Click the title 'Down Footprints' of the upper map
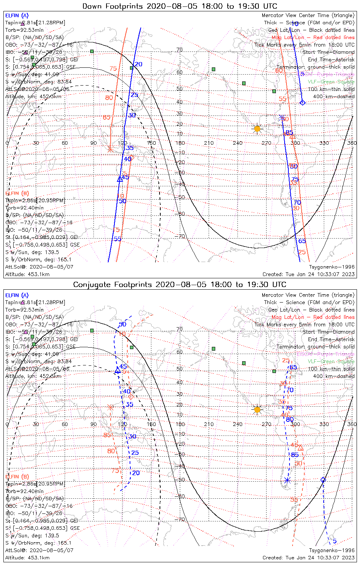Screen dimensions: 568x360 click(110, 6)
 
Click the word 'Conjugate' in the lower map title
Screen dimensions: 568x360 click(91, 284)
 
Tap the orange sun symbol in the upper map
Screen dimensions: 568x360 click(257, 129)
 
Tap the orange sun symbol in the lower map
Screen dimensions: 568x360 click(257, 409)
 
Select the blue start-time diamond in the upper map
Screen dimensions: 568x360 click(302, 102)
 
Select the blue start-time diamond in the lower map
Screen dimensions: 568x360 click(323, 480)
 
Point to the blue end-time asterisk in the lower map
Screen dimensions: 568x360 click(287, 481)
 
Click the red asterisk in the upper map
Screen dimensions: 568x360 click(110, 149)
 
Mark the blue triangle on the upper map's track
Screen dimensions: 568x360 click(120, 179)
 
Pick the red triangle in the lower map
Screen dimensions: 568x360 click(301, 448)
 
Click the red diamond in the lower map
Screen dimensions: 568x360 click(131, 397)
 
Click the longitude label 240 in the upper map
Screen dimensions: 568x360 click(238, 143)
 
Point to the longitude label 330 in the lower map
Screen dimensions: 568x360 click(324, 424)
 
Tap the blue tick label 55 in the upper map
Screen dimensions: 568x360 click(117, 239)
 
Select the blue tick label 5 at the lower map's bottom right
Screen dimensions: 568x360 click(335, 541)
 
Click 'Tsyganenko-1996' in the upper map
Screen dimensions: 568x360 click(332, 267)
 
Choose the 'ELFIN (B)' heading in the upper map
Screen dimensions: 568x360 click(17, 193)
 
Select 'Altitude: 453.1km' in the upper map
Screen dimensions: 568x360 click(27, 274)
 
